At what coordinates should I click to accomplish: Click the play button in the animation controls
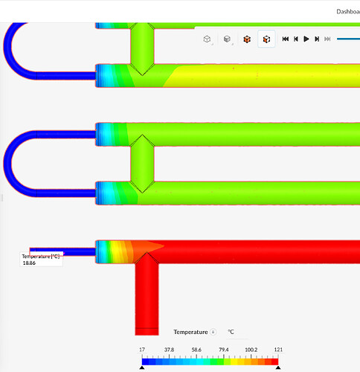pos(306,39)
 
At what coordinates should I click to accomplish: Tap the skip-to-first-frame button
pos(286,39)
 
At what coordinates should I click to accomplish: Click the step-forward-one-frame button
pos(317,39)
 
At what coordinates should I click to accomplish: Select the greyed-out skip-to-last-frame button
pos(327,39)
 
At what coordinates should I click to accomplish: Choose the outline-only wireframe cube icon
pos(207,39)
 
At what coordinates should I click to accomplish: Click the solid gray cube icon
pos(227,39)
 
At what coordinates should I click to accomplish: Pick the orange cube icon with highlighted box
pos(266,39)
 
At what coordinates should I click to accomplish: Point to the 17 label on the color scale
pos(142,350)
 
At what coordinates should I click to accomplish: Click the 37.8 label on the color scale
pos(169,350)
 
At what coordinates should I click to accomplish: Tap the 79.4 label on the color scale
pos(224,350)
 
